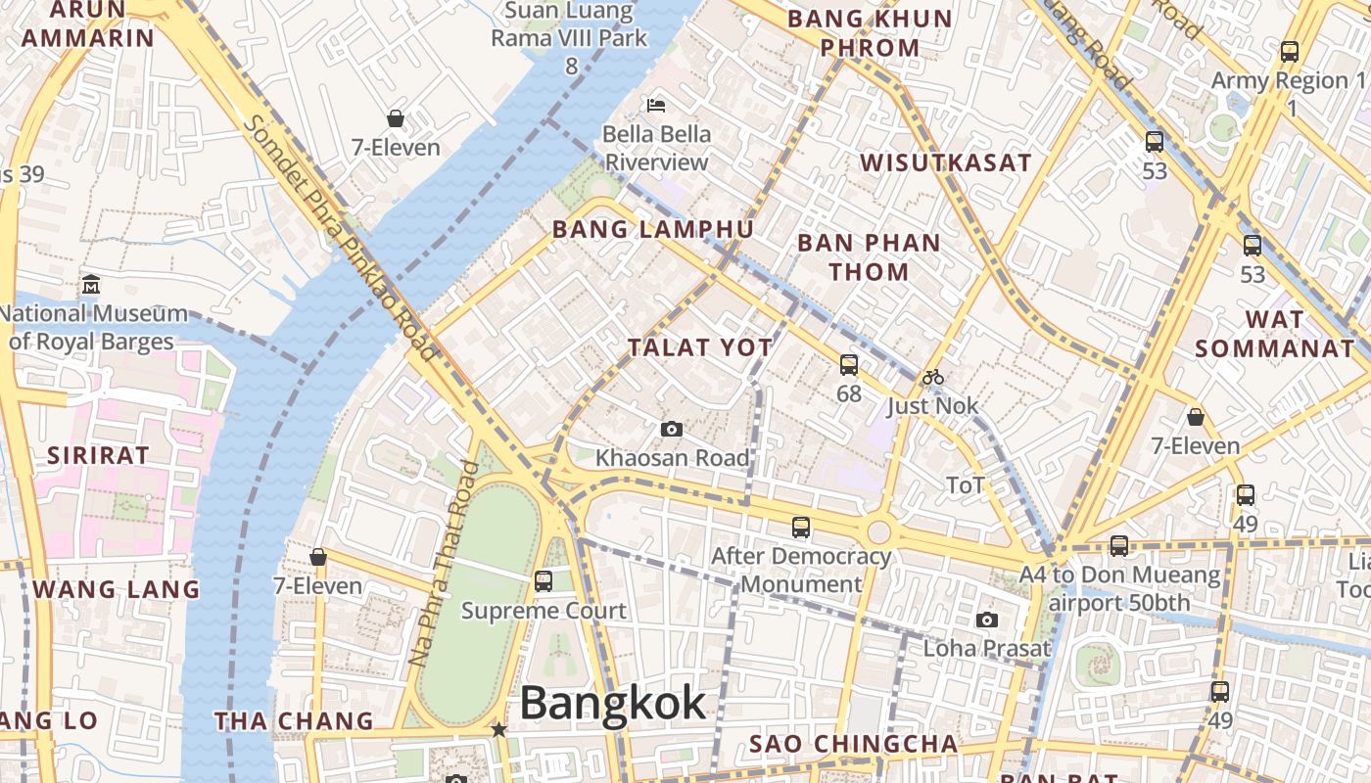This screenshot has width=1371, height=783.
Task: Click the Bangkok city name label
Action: (x=612, y=703)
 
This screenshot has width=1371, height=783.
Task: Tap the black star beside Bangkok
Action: (x=498, y=729)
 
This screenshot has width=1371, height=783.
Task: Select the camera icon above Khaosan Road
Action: (x=671, y=429)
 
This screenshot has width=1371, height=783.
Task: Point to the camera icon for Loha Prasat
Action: (x=986, y=620)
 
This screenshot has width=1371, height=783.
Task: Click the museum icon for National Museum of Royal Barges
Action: (x=91, y=285)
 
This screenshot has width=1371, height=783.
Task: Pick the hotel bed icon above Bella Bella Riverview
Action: (x=656, y=105)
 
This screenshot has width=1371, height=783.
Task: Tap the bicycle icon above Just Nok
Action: (x=932, y=377)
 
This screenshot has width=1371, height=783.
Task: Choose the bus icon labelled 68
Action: (x=848, y=365)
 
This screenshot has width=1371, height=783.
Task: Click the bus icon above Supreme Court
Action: (x=543, y=581)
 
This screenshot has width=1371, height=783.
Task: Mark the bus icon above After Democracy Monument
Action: (x=800, y=528)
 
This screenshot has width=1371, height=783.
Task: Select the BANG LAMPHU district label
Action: (x=653, y=229)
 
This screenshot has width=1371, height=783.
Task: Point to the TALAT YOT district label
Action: (x=700, y=347)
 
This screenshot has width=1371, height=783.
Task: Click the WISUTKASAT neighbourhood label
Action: (x=946, y=162)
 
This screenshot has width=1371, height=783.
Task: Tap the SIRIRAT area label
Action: (x=98, y=455)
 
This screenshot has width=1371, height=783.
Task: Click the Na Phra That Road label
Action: (x=444, y=563)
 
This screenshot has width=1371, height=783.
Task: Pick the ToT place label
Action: (x=965, y=485)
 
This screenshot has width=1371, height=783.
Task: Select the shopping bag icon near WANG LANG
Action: (x=317, y=557)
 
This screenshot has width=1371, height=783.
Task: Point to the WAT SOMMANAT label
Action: (x=1274, y=334)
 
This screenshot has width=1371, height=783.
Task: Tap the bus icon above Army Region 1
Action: (x=1290, y=52)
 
